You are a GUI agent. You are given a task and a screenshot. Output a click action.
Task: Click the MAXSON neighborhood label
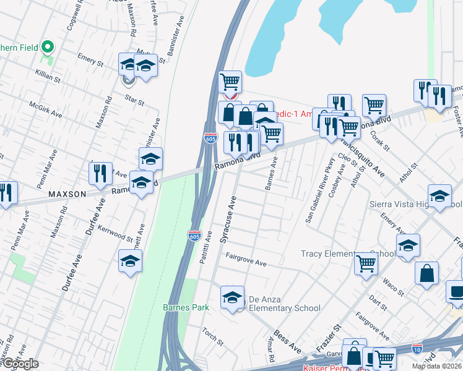click(67, 194)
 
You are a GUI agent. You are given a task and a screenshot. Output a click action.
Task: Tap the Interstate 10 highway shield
click(418, 349)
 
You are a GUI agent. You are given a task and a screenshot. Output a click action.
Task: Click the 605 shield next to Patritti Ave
click(194, 235)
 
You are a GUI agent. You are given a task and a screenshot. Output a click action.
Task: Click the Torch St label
click(214, 335)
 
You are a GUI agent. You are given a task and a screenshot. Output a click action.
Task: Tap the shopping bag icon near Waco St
click(426, 274)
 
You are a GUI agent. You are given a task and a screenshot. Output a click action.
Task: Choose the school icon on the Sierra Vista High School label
click(439, 197)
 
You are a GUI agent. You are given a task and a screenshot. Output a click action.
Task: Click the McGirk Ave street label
click(46, 110)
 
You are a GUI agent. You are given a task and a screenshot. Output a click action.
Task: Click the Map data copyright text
click(437, 366)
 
